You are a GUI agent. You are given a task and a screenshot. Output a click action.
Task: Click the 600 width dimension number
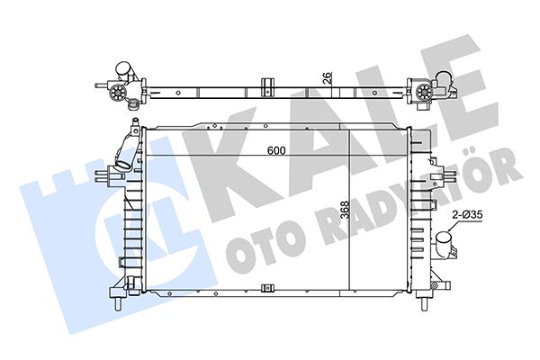pos(275,150)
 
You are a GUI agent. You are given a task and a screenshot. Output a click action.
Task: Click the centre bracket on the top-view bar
pos(266,86)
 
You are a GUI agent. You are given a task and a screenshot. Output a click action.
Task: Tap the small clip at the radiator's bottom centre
pos(266,290)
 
